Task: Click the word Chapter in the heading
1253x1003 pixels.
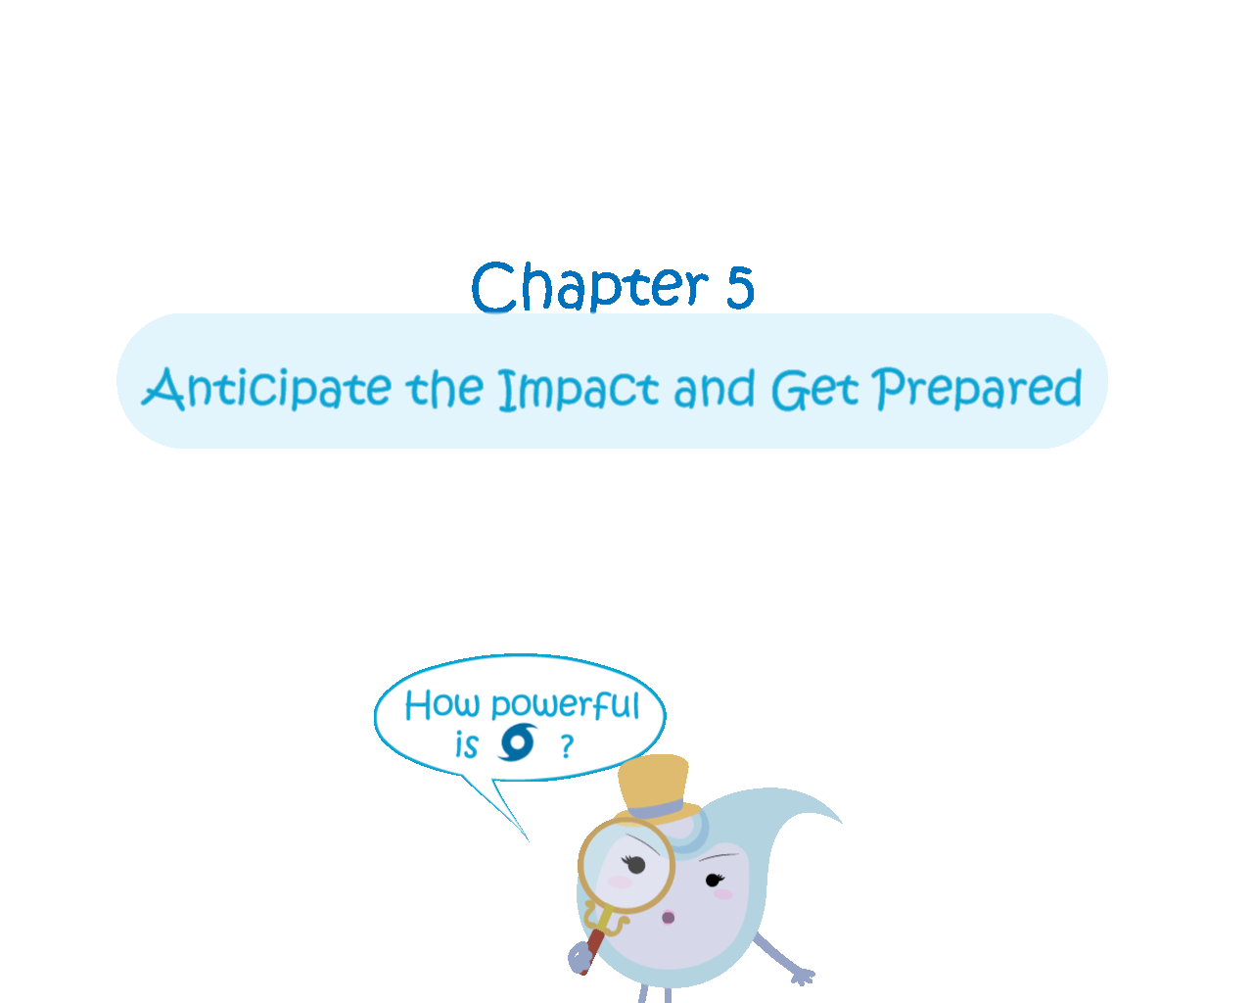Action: click(x=589, y=286)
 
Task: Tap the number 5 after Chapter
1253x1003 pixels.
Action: click(x=740, y=288)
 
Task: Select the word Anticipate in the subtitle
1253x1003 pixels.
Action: click(x=266, y=389)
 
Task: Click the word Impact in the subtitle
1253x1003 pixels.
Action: click(x=579, y=389)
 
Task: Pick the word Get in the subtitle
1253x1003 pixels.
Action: click(x=814, y=389)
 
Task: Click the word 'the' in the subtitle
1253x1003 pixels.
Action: click(x=444, y=388)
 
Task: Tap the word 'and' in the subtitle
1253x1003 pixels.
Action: click(x=715, y=388)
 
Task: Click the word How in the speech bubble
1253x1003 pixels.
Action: click(x=441, y=704)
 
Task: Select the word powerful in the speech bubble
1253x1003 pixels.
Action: click(x=566, y=705)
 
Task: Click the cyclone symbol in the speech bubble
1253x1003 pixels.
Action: click(x=517, y=741)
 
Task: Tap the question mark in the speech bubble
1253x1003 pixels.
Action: click(x=567, y=746)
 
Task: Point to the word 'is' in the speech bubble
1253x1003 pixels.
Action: click(x=466, y=744)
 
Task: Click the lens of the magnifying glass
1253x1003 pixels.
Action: click(x=626, y=866)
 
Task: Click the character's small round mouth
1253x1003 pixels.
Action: click(x=668, y=918)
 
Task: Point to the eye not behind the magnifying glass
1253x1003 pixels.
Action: click(x=714, y=880)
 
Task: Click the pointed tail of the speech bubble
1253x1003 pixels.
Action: click(x=528, y=840)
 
